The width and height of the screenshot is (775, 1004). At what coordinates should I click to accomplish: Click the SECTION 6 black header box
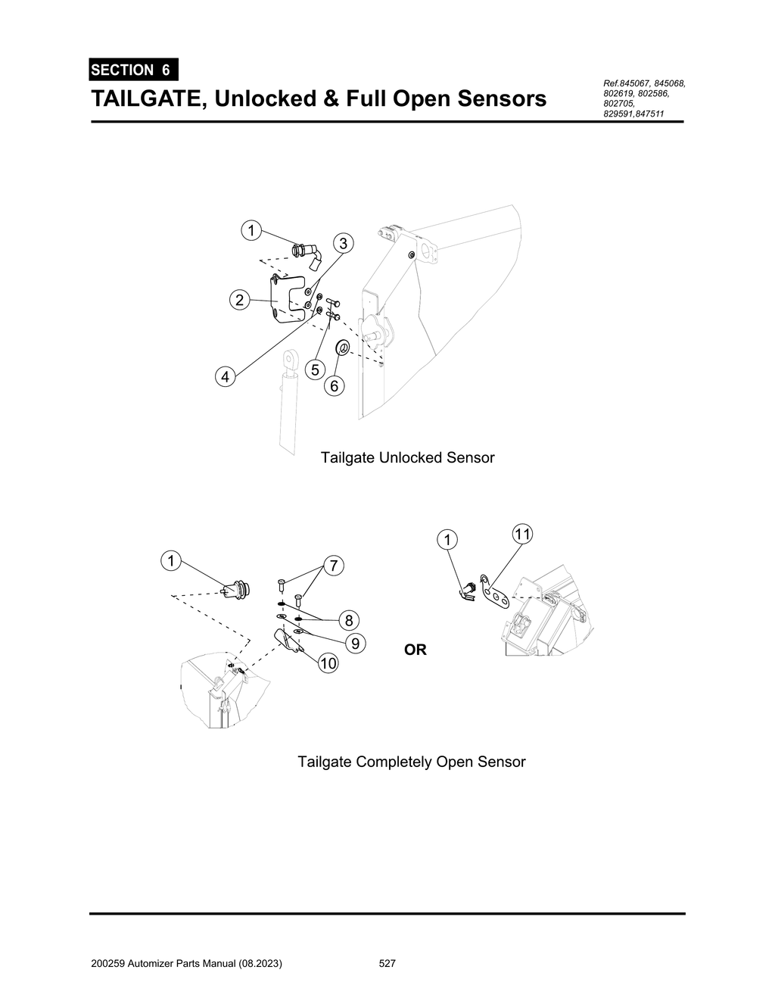point(132,70)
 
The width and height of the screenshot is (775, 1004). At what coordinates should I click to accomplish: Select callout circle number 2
point(239,300)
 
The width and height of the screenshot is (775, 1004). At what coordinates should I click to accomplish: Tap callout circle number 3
point(343,243)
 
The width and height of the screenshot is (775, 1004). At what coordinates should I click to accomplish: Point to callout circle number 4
point(225,376)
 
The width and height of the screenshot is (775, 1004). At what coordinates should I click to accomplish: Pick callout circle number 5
point(315,369)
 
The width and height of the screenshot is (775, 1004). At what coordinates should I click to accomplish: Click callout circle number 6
point(334,386)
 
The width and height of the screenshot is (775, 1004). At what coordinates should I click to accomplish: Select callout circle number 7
point(333,565)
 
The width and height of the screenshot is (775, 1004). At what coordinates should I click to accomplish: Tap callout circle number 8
point(348,620)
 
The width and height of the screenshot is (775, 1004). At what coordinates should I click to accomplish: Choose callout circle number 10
point(328,664)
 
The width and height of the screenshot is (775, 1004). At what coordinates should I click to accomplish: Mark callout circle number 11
point(521,534)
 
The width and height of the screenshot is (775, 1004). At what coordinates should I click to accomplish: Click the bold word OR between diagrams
point(416,650)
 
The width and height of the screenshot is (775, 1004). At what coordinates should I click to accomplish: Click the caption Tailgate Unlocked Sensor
point(407,458)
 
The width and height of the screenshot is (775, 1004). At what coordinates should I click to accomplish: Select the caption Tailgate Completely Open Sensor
point(411,762)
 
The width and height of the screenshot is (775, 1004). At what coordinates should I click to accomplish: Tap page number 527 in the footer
point(387,964)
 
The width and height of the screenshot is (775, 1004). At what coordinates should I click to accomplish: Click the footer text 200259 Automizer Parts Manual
point(185,964)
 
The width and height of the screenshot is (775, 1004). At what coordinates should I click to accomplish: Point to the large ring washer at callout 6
point(341,348)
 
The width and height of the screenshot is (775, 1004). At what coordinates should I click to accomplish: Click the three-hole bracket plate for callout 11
point(496,597)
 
